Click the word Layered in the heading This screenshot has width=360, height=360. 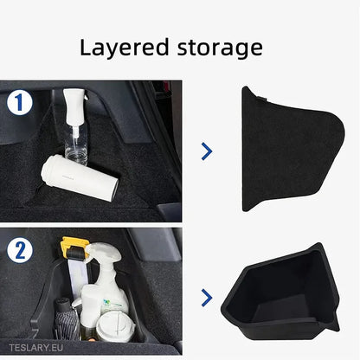coord(124,48)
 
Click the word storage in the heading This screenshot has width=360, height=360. coord(220,48)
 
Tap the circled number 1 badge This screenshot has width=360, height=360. coord(20,102)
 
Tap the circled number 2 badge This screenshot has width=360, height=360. coord(20,250)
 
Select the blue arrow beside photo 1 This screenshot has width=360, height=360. coord(207,151)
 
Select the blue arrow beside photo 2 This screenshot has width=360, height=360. coord(207,298)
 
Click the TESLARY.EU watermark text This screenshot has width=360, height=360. coord(35,348)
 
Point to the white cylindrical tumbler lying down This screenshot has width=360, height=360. coord(80,177)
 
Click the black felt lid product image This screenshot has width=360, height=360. coord(292,149)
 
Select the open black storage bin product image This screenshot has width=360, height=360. coord(280,292)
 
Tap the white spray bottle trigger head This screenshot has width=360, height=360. coord(105,254)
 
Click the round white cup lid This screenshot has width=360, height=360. coord(116,326)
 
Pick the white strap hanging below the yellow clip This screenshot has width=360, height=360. coord(78,278)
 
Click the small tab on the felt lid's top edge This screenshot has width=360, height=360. coord(261,99)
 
